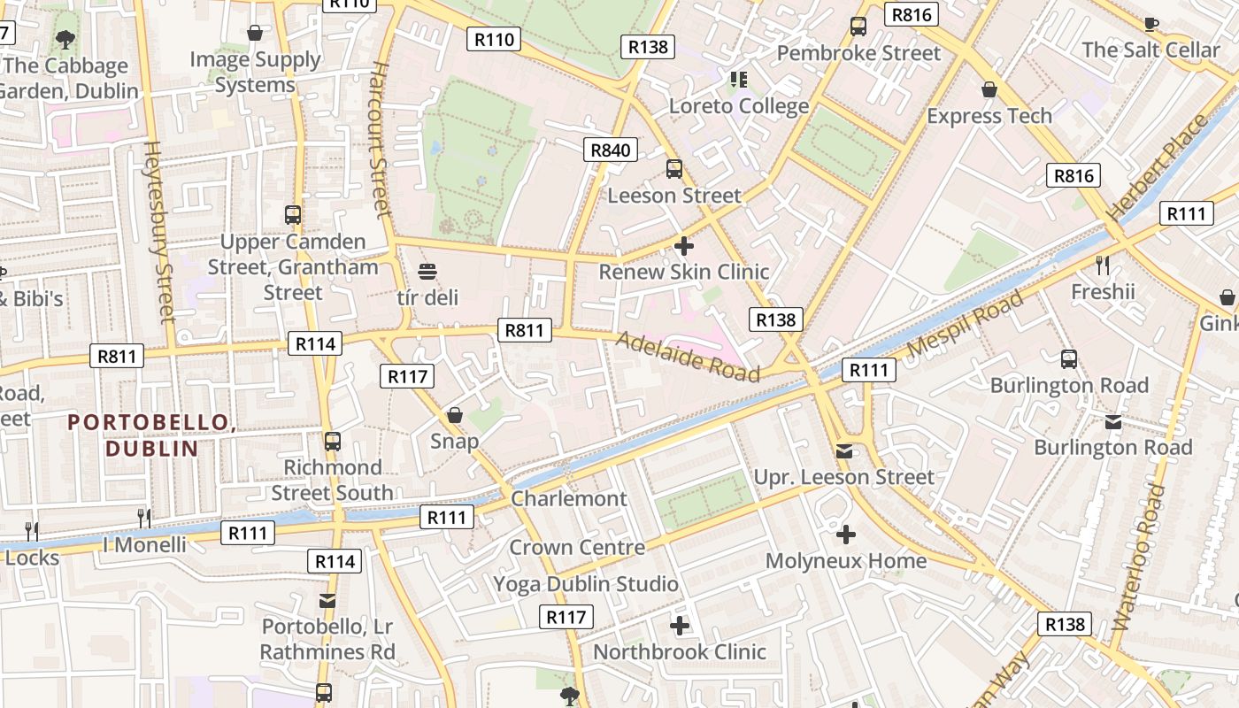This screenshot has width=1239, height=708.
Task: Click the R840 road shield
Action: point(611,150)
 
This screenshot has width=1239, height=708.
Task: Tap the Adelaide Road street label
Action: point(688,356)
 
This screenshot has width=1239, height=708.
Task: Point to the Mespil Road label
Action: point(966,322)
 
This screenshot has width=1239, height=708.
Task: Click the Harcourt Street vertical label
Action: point(381,139)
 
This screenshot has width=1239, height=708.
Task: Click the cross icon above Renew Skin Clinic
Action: point(683,246)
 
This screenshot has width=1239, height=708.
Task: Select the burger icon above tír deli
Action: point(427,271)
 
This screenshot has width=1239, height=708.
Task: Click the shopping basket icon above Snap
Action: point(455,414)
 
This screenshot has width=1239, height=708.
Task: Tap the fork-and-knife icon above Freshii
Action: point(1102,265)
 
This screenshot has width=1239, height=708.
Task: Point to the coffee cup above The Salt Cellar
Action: point(1150,24)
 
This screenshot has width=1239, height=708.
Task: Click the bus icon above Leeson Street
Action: point(674,168)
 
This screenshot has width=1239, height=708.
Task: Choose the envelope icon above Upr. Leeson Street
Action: point(844,451)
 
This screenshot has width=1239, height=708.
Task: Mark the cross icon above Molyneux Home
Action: point(846,535)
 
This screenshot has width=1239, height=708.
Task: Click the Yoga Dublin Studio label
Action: point(586,584)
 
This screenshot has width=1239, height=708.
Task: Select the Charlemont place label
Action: point(569,498)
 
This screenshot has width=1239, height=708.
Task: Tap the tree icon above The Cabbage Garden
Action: point(65,39)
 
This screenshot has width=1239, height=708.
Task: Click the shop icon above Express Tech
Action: point(989,89)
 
